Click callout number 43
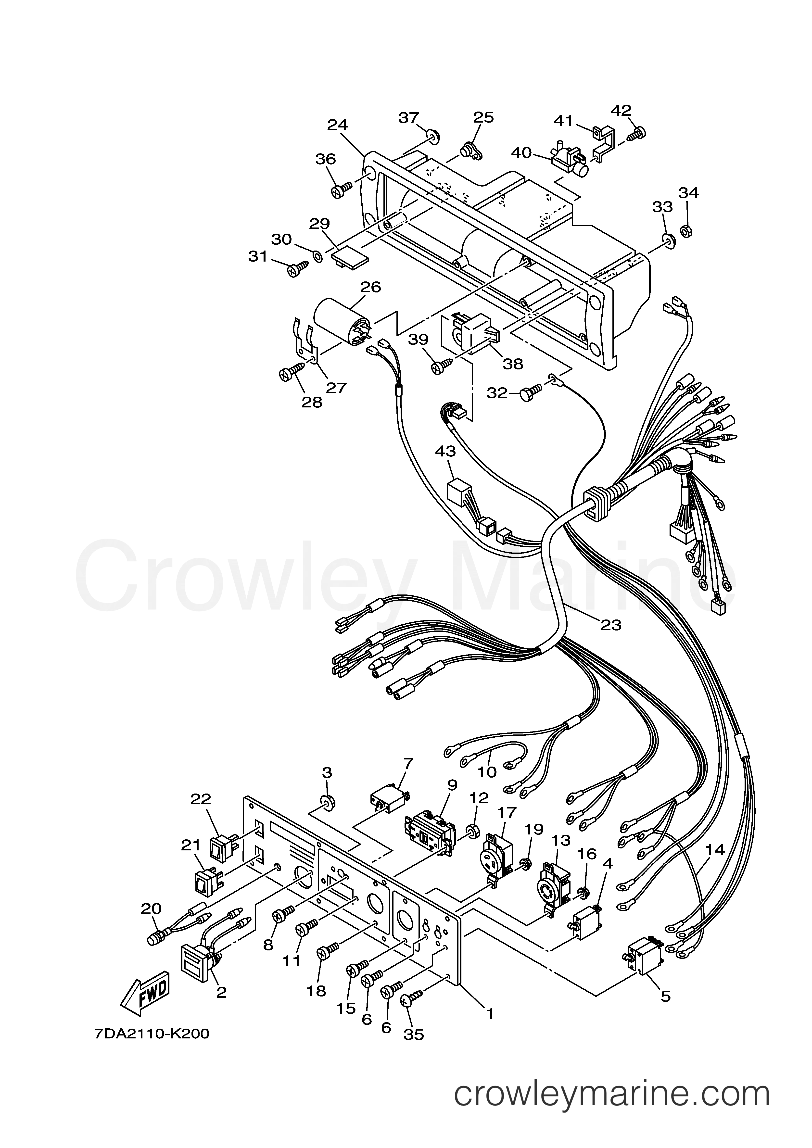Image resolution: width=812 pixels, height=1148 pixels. point(445,452)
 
